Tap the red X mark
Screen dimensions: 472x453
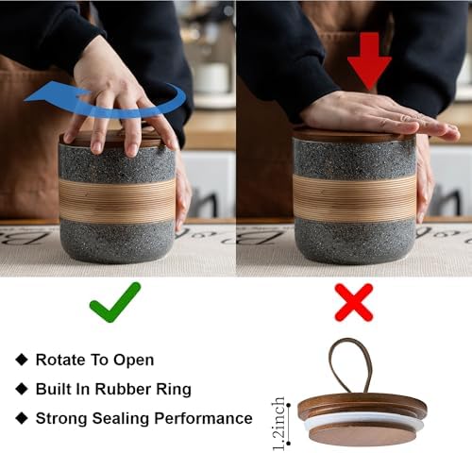pos(354,302)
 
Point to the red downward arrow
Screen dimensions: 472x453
pos(369,59)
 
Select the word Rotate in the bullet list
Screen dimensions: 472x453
pos(60,360)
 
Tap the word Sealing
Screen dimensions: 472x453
pos(121,419)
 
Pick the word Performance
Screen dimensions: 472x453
pos(203,418)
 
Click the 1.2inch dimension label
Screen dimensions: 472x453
pos(278,424)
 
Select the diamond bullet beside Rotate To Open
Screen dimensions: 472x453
pos(22,360)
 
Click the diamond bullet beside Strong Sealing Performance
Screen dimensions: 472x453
pos(22,418)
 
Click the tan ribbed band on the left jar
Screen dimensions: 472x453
pos(117,200)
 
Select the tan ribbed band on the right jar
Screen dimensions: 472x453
pos(355,197)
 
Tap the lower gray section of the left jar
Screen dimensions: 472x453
pos(117,241)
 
